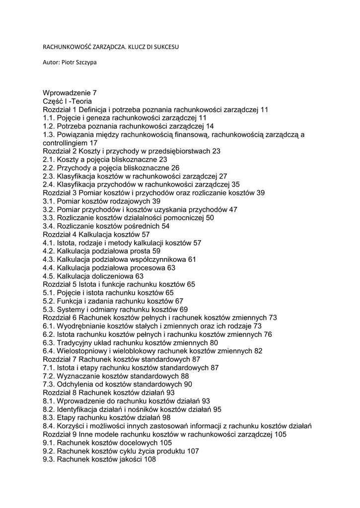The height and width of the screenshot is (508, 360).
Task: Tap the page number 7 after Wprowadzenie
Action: point(94,92)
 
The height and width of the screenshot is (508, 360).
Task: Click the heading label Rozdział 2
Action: point(59,151)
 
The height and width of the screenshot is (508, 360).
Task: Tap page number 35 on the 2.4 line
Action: point(236,184)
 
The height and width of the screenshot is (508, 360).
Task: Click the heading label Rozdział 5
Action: point(59,284)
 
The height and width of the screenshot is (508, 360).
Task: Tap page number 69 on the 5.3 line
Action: point(184,309)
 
